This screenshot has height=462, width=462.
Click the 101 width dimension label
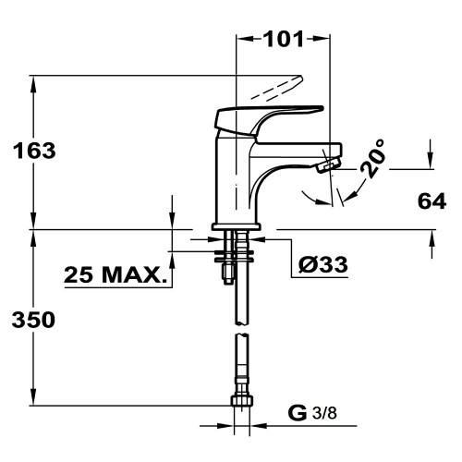tap(284, 39)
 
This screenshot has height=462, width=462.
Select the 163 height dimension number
tap(34, 151)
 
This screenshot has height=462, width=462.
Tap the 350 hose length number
tap(33, 320)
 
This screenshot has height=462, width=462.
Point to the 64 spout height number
tap(432, 201)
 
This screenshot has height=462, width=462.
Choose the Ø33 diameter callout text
tap(323, 264)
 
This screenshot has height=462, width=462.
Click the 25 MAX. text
tap(115, 274)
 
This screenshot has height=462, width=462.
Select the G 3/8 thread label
tap(312, 413)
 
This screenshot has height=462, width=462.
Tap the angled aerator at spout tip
tap(328, 164)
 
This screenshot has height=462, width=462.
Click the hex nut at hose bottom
tap(242, 400)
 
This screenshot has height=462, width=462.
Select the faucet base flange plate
tap(237, 226)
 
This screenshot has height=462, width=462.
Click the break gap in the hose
tap(242, 330)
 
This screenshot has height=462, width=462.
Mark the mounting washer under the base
tap(234, 256)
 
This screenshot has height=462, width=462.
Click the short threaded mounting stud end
tap(228, 275)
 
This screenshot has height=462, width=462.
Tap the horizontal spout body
tap(296, 151)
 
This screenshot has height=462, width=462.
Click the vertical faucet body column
tap(234, 178)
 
